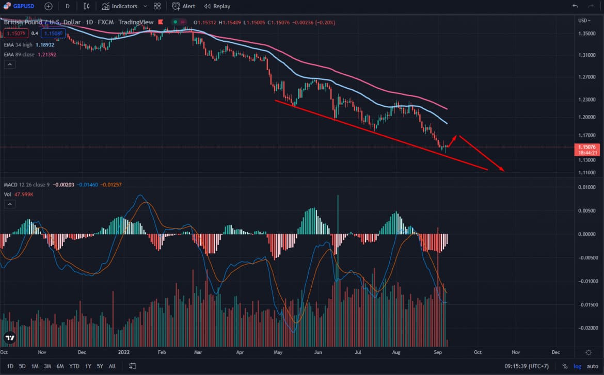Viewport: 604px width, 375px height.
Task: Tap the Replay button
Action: coord(217,6)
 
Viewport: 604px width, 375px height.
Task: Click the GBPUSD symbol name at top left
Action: coord(23,6)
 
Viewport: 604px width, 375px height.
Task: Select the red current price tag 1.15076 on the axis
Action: coord(586,147)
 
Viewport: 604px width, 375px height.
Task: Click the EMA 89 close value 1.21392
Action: coord(47,54)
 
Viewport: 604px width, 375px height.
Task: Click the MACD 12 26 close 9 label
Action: coord(27,185)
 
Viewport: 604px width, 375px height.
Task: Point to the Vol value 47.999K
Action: coord(24,195)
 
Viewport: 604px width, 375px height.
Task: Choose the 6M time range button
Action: coord(60,366)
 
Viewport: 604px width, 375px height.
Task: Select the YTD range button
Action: coord(74,366)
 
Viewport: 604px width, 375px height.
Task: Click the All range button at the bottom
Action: coord(112,366)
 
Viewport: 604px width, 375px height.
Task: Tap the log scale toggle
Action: coord(577,366)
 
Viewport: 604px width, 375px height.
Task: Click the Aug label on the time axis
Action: coord(396,352)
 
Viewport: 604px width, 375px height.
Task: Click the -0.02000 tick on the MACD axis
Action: coord(586,328)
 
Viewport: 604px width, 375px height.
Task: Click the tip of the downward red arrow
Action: coord(504,171)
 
